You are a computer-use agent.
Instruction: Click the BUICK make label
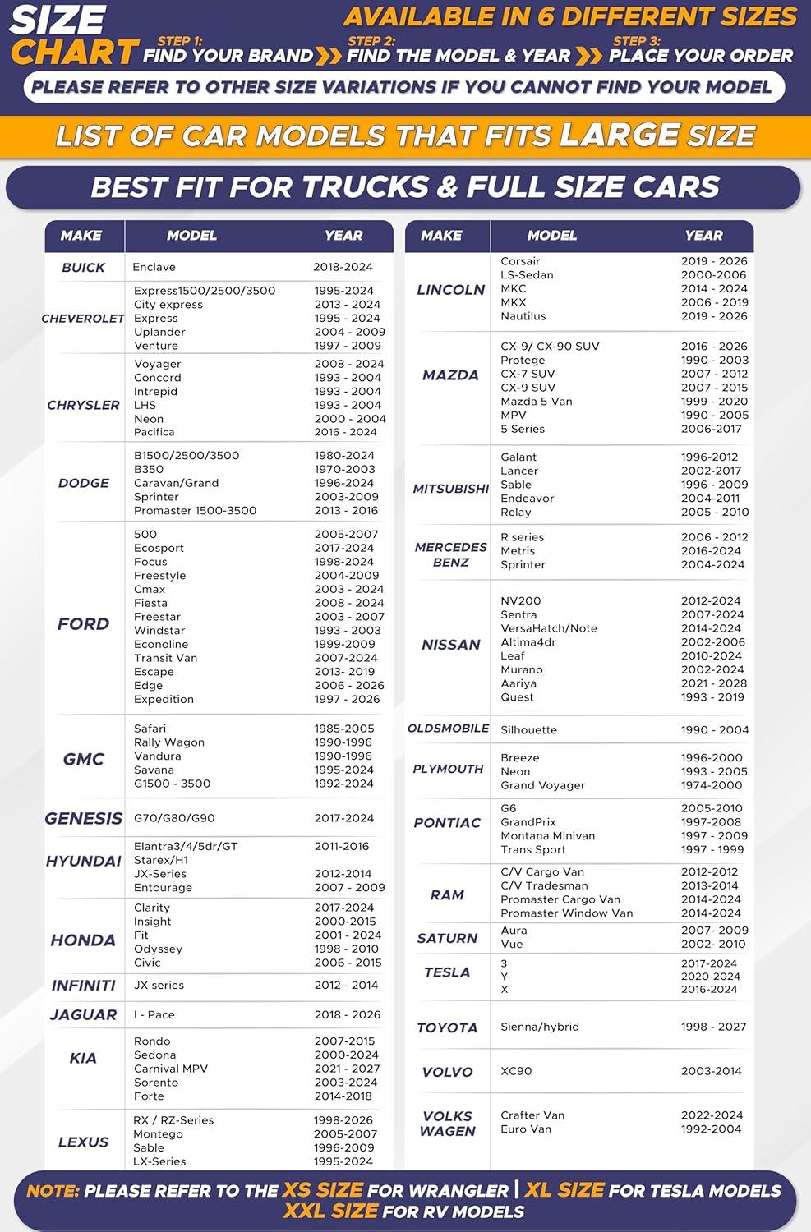pos(83,268)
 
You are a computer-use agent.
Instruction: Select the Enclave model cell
pos(154,267)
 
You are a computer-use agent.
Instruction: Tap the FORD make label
pos(83,624)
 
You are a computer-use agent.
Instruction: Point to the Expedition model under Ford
pos(164,700)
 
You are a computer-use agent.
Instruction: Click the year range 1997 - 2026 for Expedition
pos(347,700)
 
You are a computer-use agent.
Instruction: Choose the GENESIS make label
pos(83,819)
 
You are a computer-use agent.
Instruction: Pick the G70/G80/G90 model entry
pos(174,818)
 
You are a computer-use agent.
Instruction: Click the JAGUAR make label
pos(83,1015)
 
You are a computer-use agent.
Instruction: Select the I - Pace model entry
pos(154,1015)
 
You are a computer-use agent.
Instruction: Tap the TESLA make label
pos(447,972)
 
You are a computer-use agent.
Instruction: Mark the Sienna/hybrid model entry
pos(540,1027)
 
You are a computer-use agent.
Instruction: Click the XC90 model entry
pos(516,1071)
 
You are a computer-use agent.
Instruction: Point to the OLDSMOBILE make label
pos(449,729)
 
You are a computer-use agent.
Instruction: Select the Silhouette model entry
pos(528,730)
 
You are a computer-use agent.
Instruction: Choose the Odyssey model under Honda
pos(158,949)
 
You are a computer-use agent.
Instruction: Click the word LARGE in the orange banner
pos(620,136)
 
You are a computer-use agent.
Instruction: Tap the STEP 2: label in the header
pos(371,41)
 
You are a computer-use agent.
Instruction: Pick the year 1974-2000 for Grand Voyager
pos(712,785)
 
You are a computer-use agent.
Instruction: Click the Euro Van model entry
pos(526,1129)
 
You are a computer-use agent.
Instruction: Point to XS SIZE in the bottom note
pos(323,1190)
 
